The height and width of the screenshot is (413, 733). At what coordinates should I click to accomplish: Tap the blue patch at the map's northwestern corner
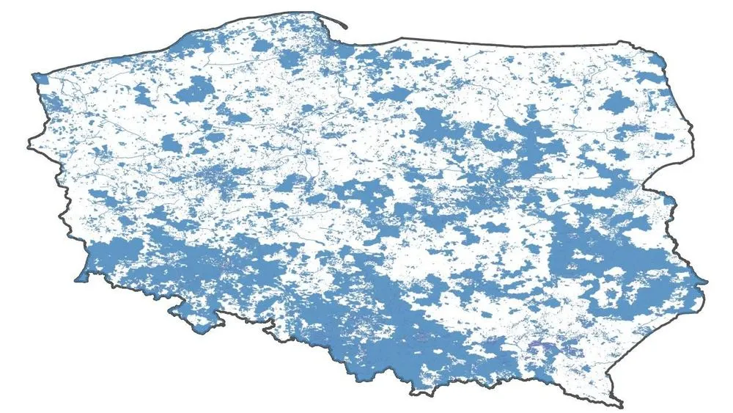tap(39, 78)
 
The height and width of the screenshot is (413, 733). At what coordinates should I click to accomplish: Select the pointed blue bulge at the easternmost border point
tap(702, 280)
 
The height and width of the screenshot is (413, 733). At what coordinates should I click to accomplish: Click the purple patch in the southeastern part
tap(541, 345)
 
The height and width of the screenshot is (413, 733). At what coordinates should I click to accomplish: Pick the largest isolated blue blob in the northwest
tap(194, 91)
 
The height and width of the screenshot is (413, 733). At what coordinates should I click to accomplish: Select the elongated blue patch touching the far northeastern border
tap(649, 76)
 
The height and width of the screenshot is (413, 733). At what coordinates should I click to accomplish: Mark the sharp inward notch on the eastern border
tap(663, 192)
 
